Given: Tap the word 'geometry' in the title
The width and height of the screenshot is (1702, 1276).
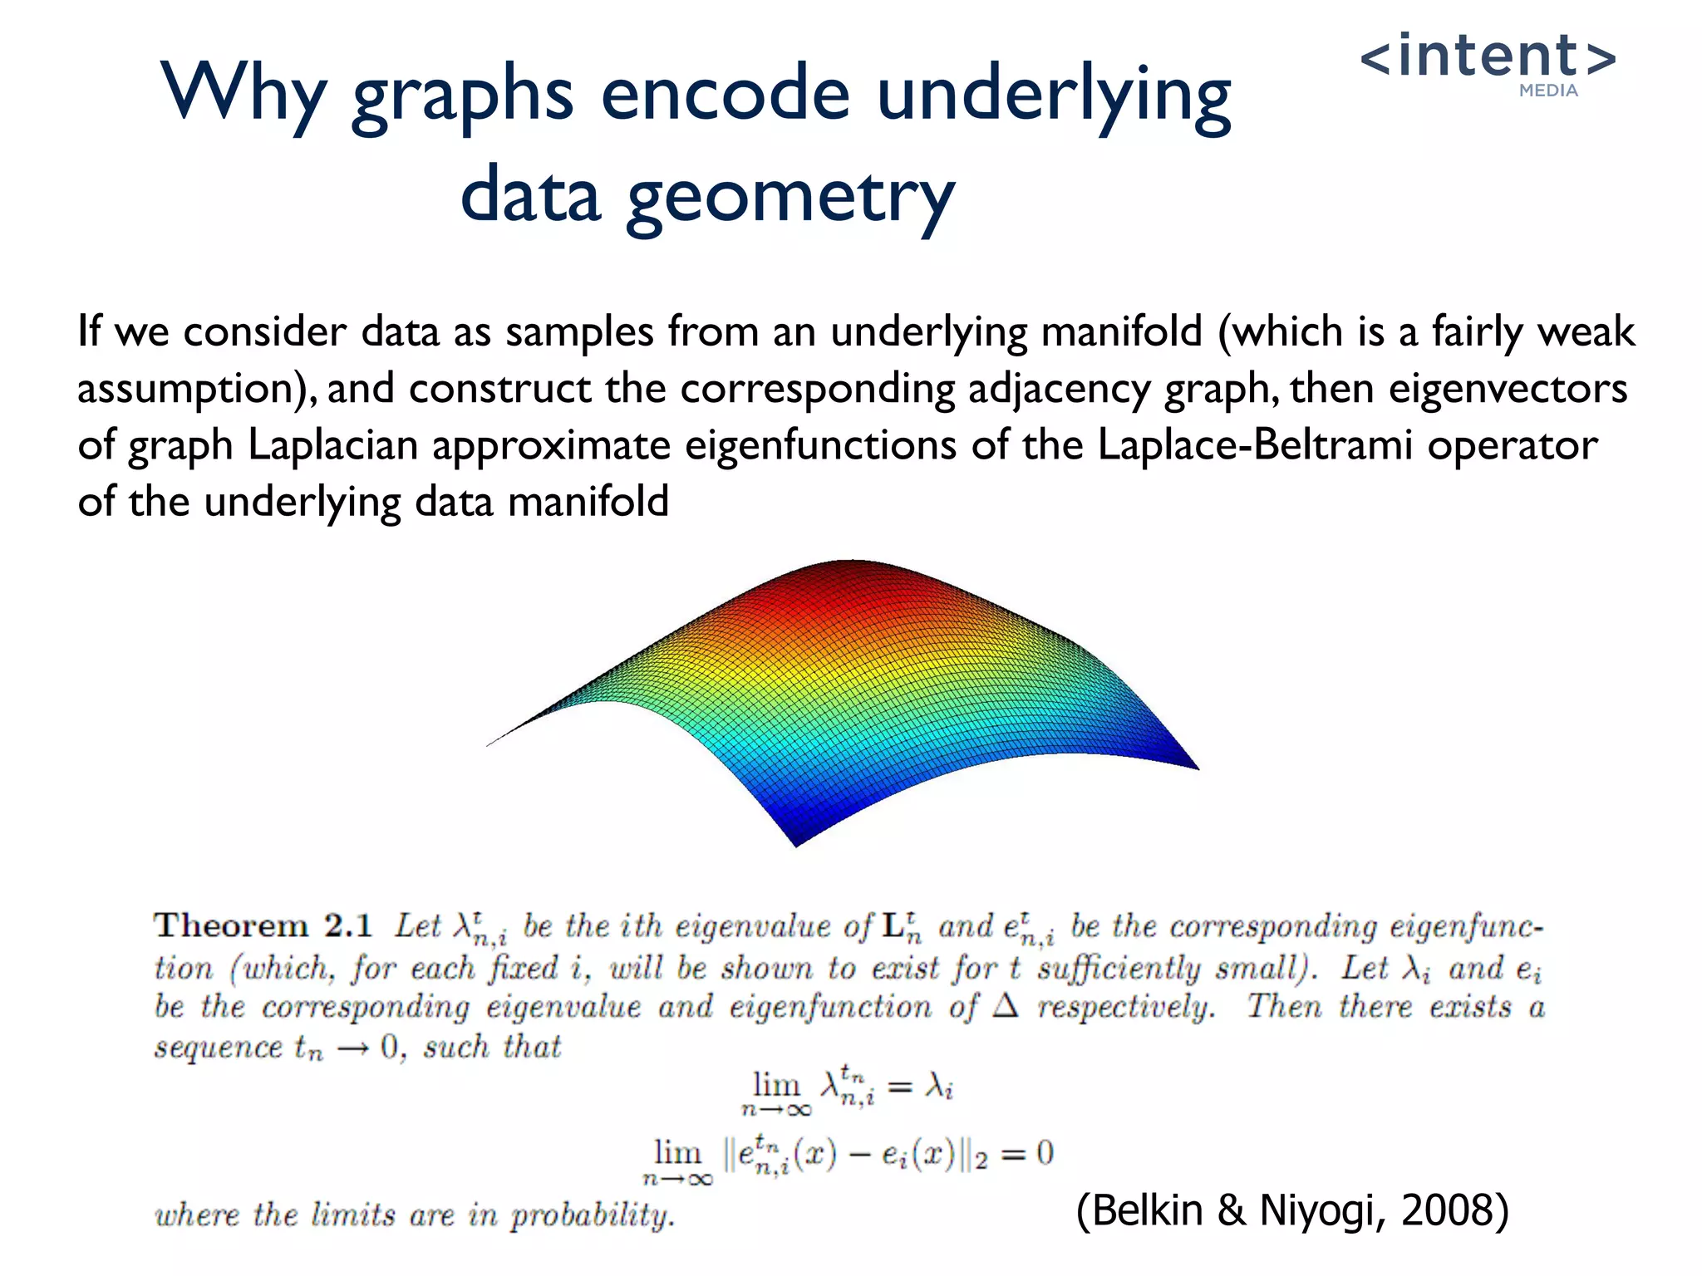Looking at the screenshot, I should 790,198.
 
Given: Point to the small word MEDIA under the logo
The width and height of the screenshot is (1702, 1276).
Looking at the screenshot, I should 1548,91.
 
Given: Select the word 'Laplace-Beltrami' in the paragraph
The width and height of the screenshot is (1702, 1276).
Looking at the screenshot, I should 1255,445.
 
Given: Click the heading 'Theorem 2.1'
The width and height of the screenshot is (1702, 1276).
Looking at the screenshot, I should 263,925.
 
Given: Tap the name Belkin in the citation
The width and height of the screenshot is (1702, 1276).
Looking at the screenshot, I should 1147,1210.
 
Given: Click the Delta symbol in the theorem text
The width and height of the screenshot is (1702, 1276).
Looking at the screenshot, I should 1006,1007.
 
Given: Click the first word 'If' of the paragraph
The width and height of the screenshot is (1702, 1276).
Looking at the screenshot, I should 89,331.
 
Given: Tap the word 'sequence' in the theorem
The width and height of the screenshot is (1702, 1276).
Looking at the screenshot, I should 218,1047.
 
